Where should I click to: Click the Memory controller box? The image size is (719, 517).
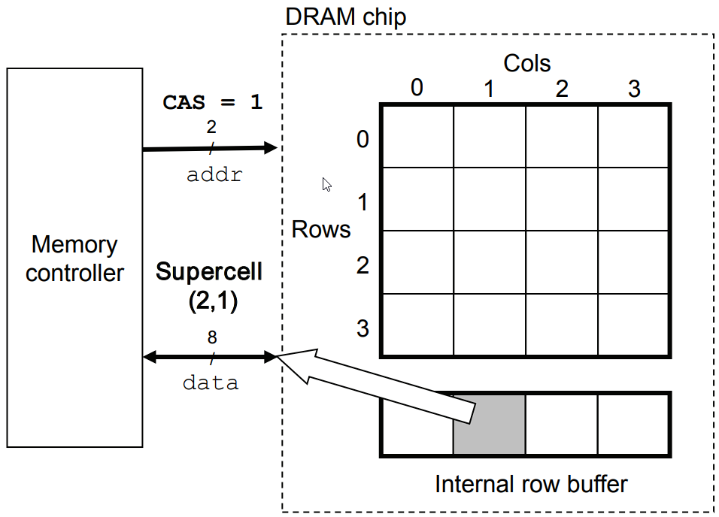pyautogui.click(x=74, y=258)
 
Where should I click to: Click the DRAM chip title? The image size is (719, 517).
pyautogui.click(x=345, y=16)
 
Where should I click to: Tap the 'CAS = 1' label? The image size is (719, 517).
pyautogui.click(x=213, y=102)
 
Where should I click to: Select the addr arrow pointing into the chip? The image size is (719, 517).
pyautogui.click(x=210, y=148)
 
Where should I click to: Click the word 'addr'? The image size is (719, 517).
pyautogui.click(x=214, y=175)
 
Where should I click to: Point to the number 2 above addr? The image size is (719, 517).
pyautogui.click(x=211, y=125)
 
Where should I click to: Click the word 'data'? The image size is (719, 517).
pyautogui.click(x=211, y=382)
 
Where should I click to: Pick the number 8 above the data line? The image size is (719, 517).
pyautogui.click(x=211, y=336)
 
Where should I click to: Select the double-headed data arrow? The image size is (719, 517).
pyautogui.click(x=210, y=357)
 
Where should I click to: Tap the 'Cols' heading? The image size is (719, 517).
pyautogui.click(x=526, y=63)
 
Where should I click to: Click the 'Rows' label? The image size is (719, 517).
pyautogui.click(x=321, y=229)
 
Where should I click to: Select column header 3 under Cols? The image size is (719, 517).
pyautogui.click(x=634, y=89)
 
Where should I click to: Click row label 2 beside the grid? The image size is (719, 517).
pyautogui.click(x=363, y=265)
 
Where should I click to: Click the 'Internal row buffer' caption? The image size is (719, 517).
pyautogui.click(x=530, y=484)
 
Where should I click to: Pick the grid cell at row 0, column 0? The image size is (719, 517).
pyautogui.click(x=417, y=136)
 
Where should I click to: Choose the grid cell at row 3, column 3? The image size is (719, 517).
pyautogui.click(x=634, y=324)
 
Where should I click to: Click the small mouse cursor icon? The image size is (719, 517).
pyautogui.click(x=326, y=185)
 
